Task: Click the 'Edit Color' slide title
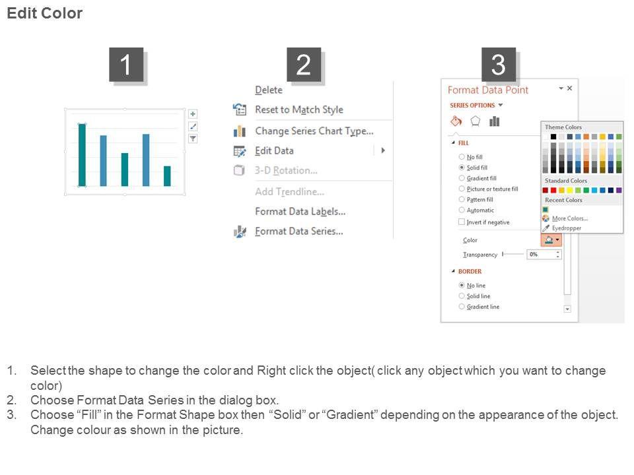pos(44,13)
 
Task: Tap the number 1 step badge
pos(126,65)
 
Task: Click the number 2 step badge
pos(304,65)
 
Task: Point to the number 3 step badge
pos(498,65)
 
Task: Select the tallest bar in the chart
pos(82,155)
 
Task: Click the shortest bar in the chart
pos(167,176)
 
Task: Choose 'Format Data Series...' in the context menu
pos(299,232)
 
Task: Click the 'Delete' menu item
pos(269,90)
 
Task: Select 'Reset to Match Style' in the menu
pos(299,110)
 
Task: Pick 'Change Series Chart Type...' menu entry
pos(314,131)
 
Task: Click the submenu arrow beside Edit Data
pos(383,150)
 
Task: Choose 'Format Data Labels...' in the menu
pos(300,212)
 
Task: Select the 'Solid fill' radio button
pos(462,167)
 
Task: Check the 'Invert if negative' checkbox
pos(462,222)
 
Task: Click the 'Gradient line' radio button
pos(462,307)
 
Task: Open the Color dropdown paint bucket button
pos(551,240)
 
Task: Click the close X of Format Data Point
pos(569,88)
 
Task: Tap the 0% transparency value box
pos(543,255)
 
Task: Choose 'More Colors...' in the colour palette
pos(570,218)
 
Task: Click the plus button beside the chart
pos(193,114)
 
